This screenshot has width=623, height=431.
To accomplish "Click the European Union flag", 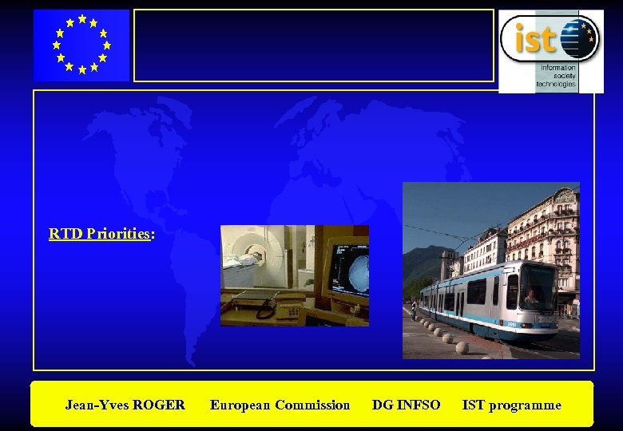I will click(81, 45).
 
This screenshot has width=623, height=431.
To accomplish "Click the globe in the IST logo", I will click(578, 38).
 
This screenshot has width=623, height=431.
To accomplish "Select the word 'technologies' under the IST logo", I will click(556, 84).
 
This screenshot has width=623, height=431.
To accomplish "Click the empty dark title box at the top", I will click(313, 45).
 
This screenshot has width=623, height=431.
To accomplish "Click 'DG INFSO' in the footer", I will click(406, 405).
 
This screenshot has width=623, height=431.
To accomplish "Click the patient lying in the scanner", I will click(250, 257).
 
